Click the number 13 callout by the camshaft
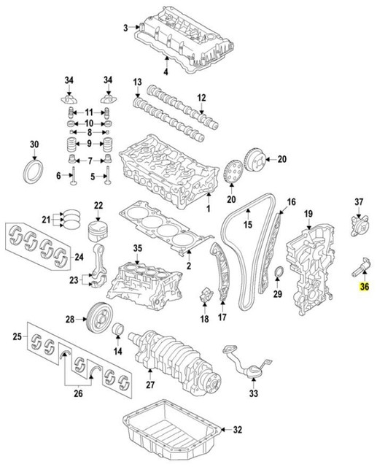pos(136,81)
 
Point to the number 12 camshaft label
pos(201,97)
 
